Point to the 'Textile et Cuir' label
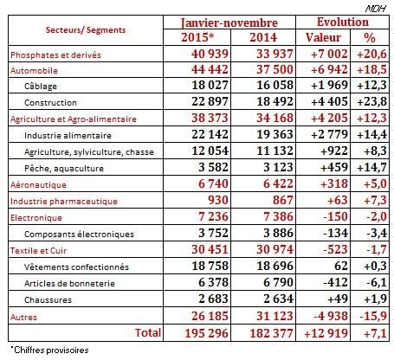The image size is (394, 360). (39, 250)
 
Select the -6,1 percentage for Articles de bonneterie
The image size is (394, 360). (370, 282)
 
